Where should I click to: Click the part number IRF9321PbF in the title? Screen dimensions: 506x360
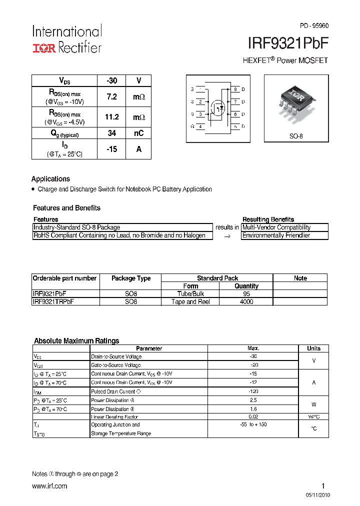click(288, 44)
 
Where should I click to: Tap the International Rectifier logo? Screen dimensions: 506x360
click(67, 39)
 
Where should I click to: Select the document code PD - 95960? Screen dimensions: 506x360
click(314, 25)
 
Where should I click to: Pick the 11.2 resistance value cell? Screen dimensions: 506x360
click(111, 117)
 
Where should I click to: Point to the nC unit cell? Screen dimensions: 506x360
click(138, 133)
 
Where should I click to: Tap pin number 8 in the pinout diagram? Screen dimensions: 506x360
click(235, 89)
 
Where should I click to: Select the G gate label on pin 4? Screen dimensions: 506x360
click(192, 126)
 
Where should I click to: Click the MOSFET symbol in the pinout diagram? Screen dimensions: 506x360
click(218, 107)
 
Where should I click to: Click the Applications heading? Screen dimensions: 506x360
click(50, 179)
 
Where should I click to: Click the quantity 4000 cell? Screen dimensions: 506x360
click(246, 302)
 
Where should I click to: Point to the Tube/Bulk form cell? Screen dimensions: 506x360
click(190, 294)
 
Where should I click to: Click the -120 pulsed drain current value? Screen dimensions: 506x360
click(253, 391)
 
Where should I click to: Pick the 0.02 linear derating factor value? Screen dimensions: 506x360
click(253, 416)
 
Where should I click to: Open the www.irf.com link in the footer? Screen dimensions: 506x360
click(49, 486)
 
